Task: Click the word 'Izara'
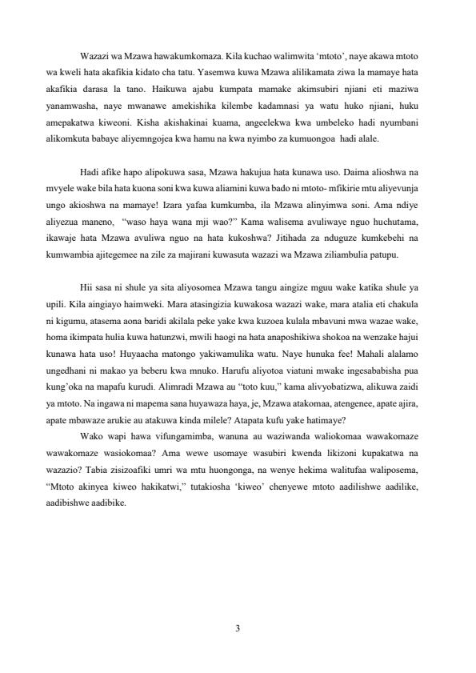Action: tap(195, 201)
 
